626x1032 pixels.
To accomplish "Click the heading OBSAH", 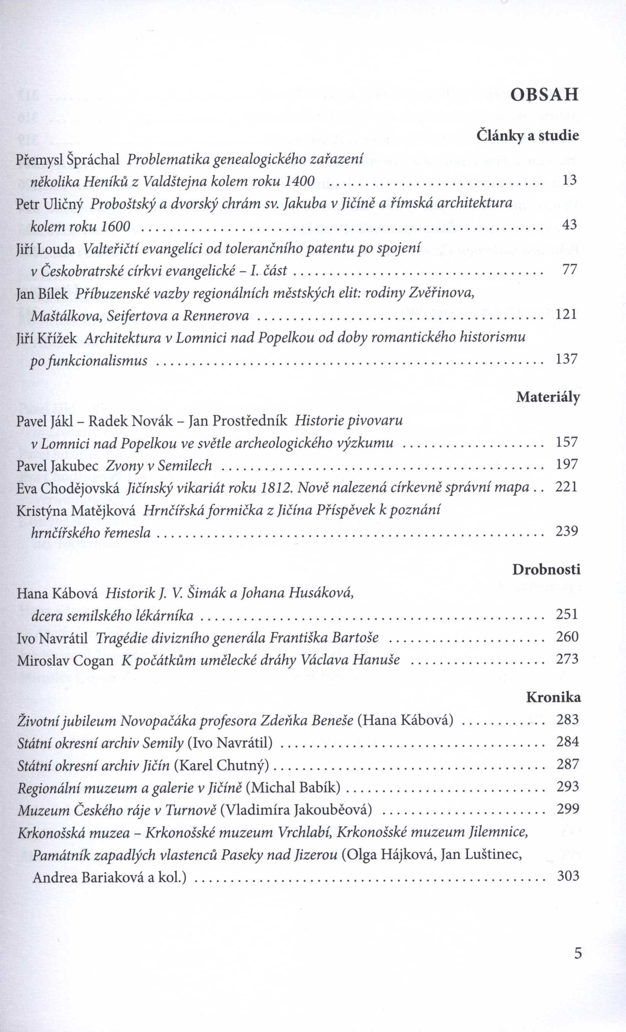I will point(544,95).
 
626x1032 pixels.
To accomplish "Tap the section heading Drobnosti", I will point(546,570).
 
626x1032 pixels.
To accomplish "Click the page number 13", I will point(569,180).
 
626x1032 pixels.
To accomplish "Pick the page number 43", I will point(569,225).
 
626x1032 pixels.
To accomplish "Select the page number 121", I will point(566,314).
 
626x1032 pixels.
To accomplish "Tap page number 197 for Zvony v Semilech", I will point(567,464).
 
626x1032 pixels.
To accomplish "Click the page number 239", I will point(567,531).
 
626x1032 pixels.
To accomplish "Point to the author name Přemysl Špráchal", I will point(68,159).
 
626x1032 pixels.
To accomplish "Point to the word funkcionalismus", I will point(88,360).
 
